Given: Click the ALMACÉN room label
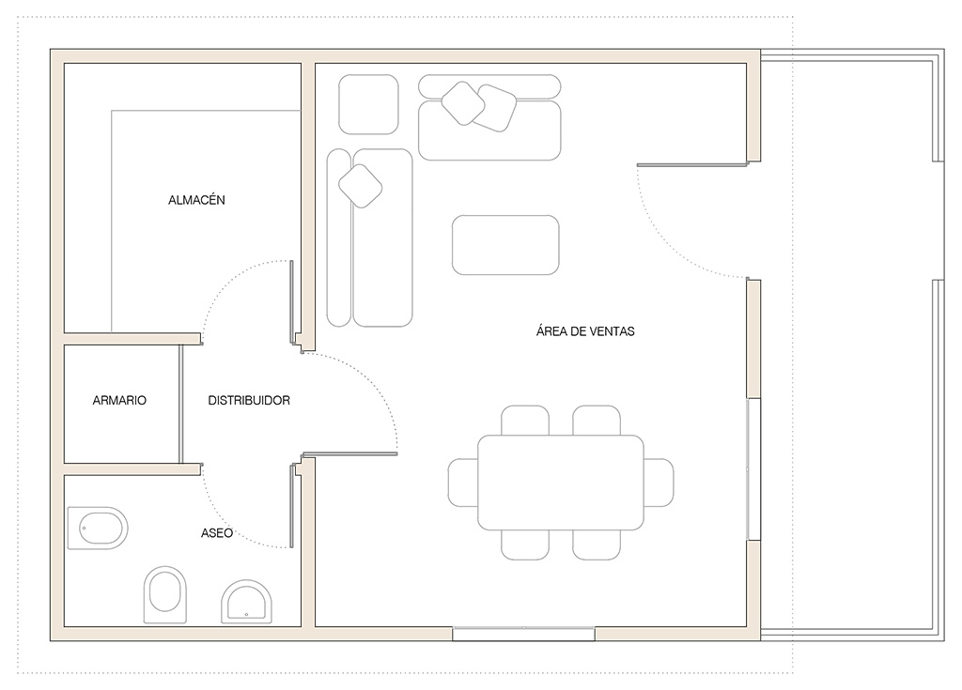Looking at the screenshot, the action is [x=196, y=199].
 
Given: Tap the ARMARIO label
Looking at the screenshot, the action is [x=119, y=401].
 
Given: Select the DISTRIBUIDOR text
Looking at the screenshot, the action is [x=248, y=401].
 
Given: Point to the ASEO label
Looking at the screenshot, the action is [x=217, y=533].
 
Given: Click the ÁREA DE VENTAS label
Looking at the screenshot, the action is [x=585, y=331].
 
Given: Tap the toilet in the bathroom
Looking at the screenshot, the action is [x=165, y=593].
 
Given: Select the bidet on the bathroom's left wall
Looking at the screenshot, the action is [x=98, y=528].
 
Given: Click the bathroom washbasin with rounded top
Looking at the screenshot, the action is [x=247, y=601].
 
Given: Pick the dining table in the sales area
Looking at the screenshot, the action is [x=561, y=483].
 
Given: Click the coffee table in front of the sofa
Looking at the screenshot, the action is [x=505, y=245].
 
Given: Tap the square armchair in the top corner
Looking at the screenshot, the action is [x=368, y=104].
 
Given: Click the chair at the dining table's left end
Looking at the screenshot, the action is [x=463, y=483].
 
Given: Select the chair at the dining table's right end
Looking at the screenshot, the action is [x=659, y=483].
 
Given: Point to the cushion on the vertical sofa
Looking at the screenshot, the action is [x=361, y=186].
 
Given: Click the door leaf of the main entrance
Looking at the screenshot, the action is [x=692, y=165].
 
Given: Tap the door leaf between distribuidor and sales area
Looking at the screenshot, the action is [x=350, y=453].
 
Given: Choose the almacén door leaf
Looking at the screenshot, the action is [x=291, y=301].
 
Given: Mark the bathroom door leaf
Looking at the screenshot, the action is [x=291, y=506].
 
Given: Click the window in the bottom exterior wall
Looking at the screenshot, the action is [x=523, y=635].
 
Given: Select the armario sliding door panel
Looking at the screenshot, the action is [x=181, y=404].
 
